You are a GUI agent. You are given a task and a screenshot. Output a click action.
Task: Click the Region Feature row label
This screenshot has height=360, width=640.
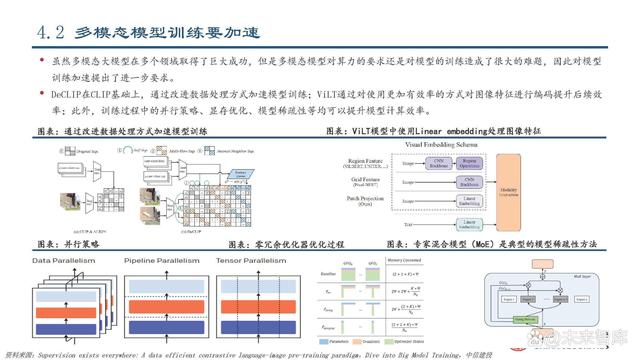click(x=379, y=157)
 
